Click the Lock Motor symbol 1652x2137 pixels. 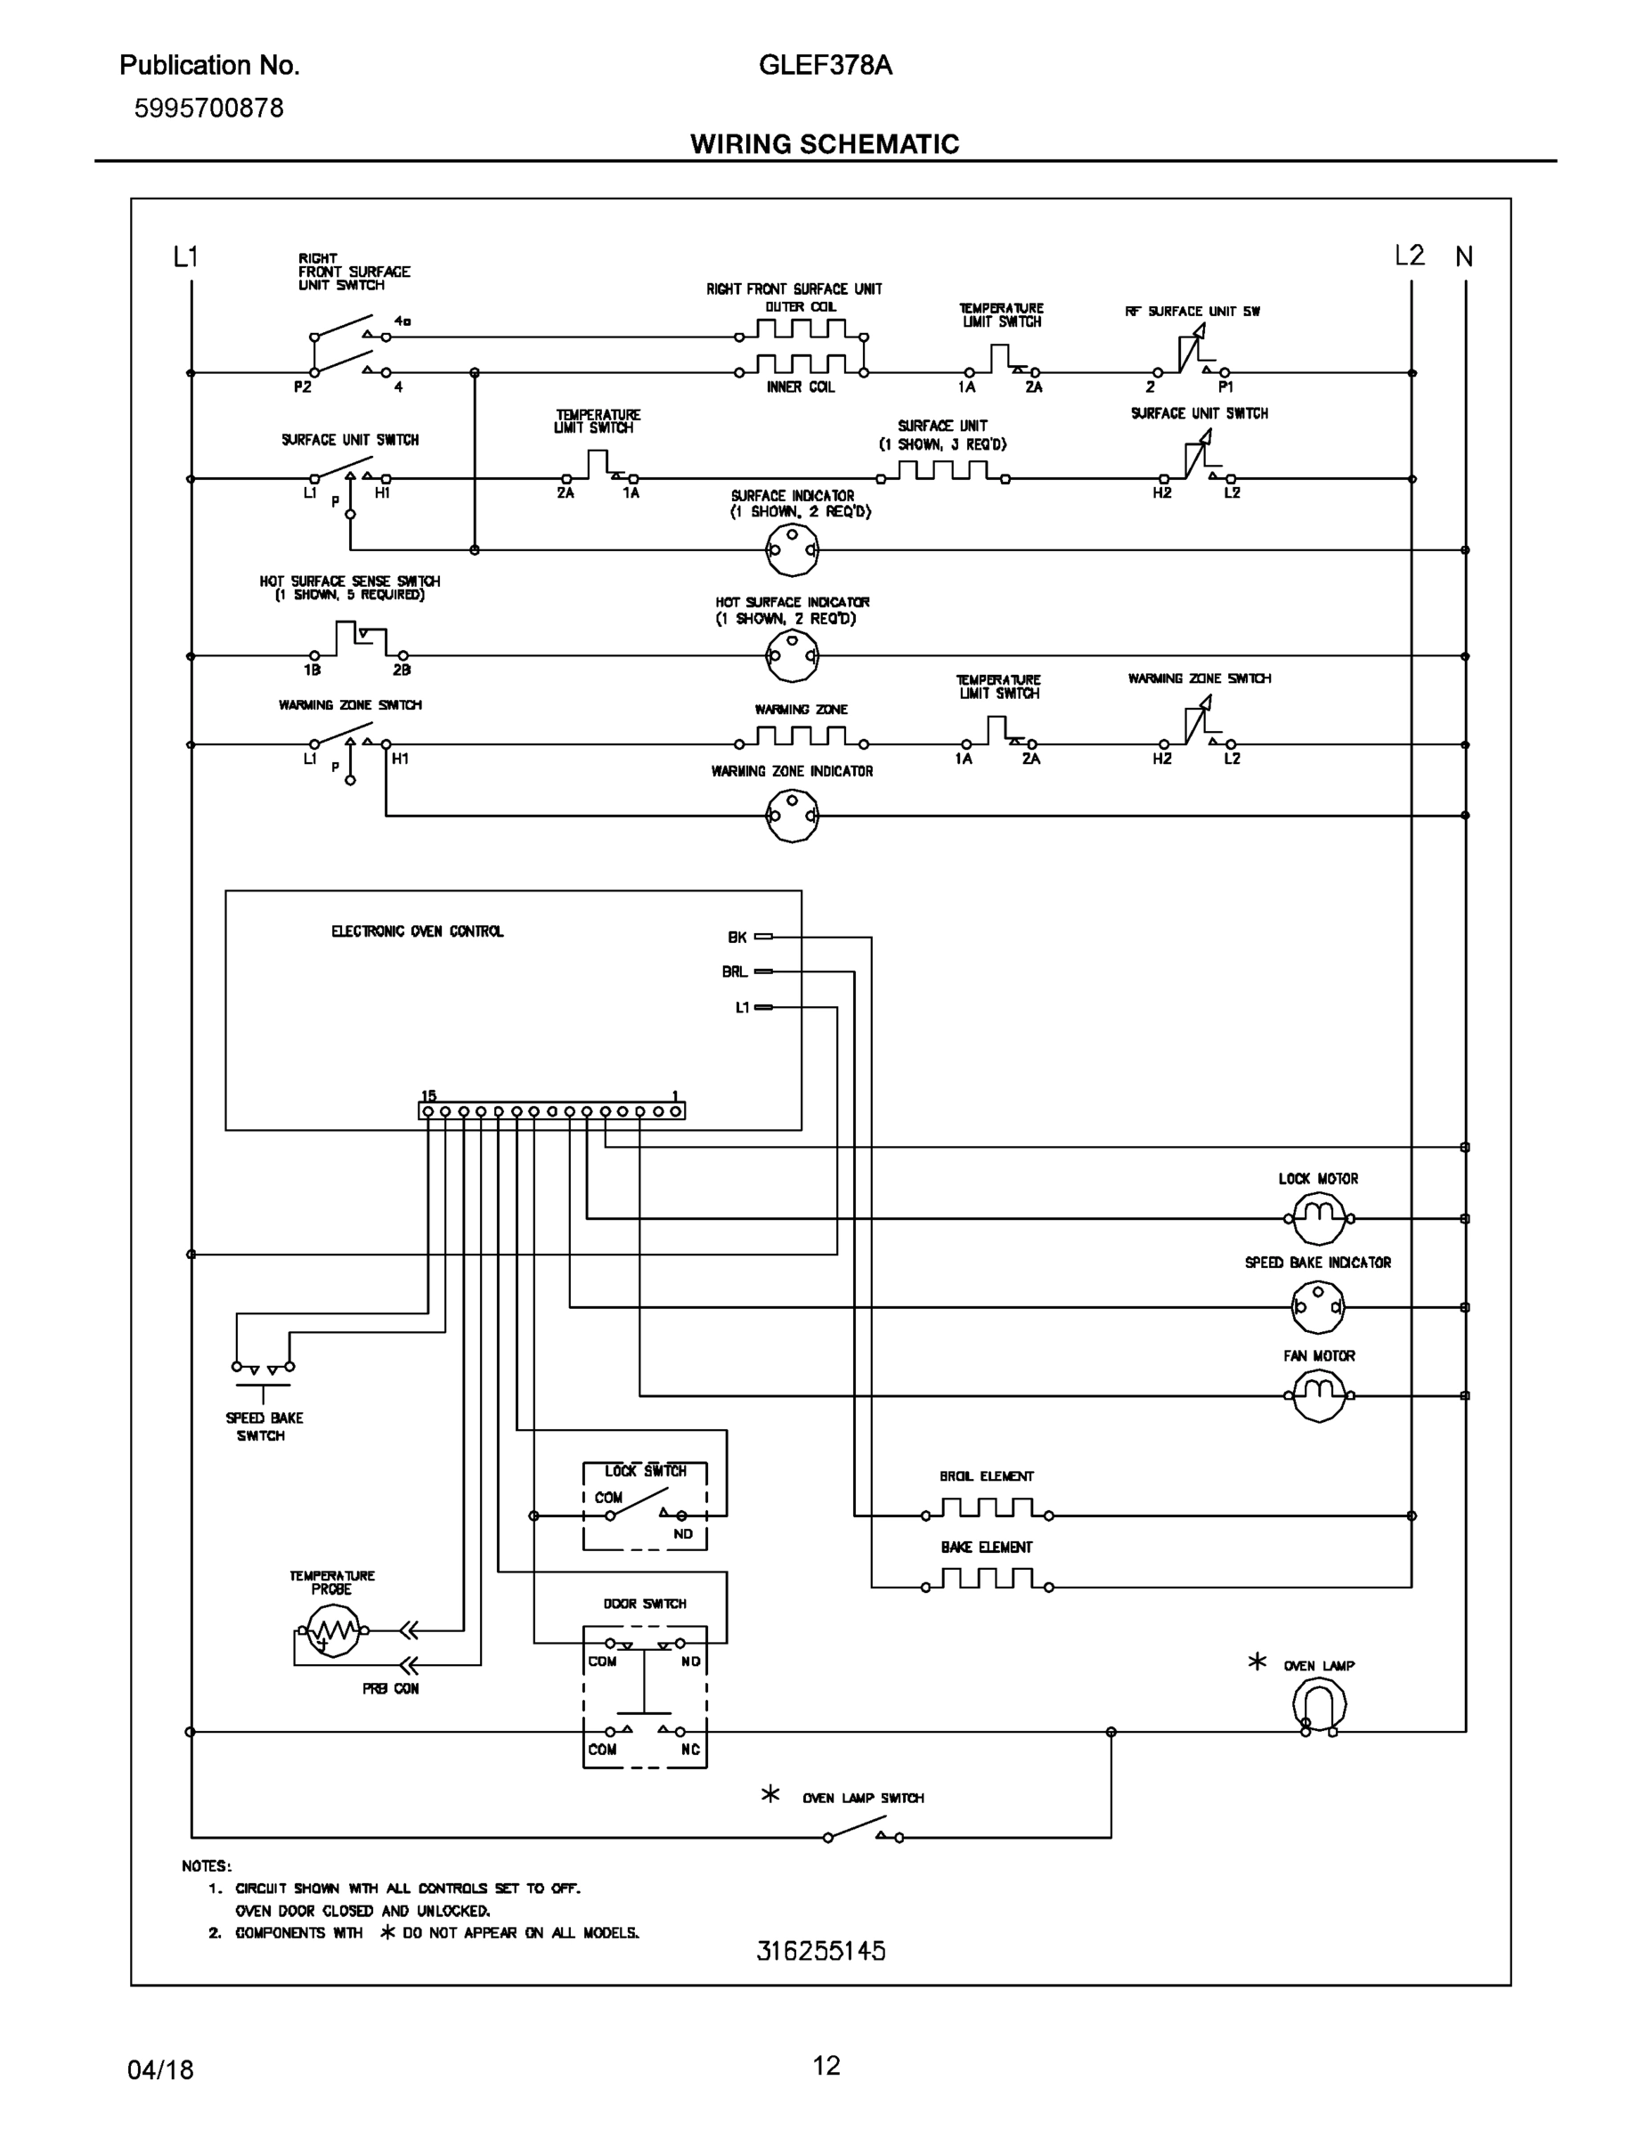point(1318,1219)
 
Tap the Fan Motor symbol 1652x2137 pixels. point(1318,1395)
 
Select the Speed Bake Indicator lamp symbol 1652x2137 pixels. point(1317,1307)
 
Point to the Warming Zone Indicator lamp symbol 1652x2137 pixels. point(792,815)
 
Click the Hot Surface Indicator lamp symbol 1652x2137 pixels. point(792,655)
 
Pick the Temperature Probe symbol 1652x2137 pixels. point(333,1631)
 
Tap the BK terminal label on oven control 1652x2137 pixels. point(736,938)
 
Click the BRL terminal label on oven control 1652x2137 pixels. point(734,971)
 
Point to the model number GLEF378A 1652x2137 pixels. point(825,66)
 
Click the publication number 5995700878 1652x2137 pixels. point(208,108)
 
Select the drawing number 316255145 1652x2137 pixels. point(821,1951)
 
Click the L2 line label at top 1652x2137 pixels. point(1408,256)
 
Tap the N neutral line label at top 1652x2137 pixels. point(1463,256)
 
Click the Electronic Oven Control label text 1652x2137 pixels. point(417,931)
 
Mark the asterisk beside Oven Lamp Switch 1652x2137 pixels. point(770,1794)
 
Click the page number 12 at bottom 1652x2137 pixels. point(826,2066)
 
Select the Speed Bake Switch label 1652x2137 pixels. point(264,1426)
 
